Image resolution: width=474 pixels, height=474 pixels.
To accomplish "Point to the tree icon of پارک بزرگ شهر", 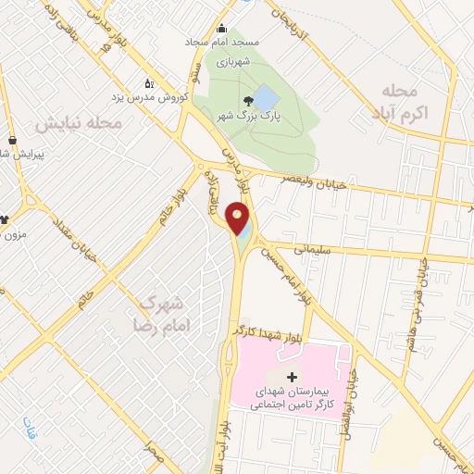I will tap(247, 100).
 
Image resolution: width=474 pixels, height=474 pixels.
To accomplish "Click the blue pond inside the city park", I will tap(265, 97).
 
